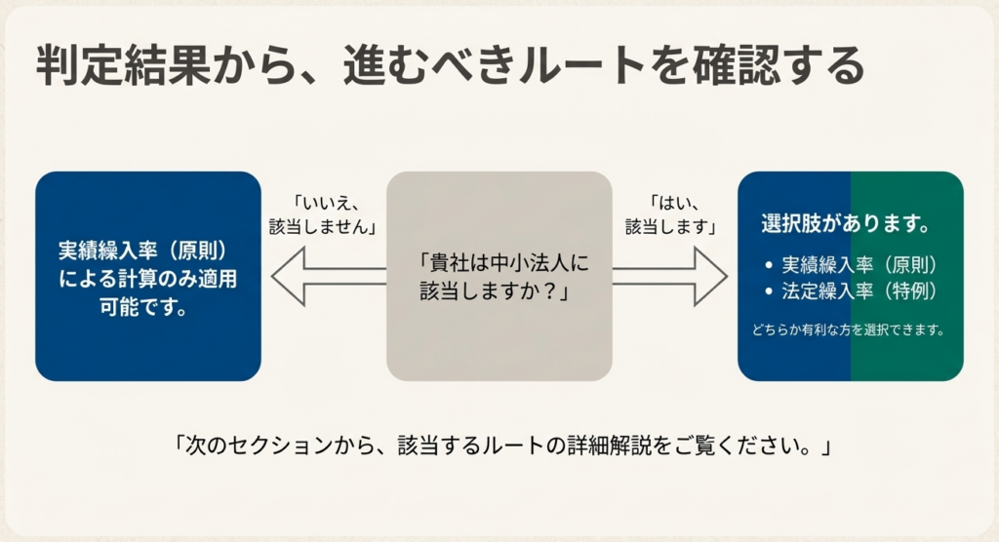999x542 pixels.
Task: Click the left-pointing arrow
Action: (x=327, y=276)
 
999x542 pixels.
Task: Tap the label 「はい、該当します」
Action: (x=670, y=213)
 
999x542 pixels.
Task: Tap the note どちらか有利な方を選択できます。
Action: (x=848, y=329)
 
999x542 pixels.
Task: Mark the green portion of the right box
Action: (x=906, y=361)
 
